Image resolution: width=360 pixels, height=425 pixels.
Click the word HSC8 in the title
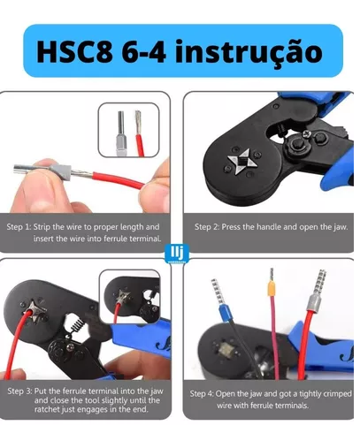(x=74, y=51)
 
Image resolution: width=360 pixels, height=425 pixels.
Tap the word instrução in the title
(x=249, y=52)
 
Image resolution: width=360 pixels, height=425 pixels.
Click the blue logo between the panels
(x=177, y=253)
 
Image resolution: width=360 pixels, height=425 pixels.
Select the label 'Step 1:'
(x=19, y=227)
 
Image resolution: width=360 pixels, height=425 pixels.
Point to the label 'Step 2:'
(x=207, y=227)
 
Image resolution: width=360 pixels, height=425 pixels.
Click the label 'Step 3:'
(x=19, y=391)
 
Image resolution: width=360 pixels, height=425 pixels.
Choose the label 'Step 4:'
(x=202, y=394)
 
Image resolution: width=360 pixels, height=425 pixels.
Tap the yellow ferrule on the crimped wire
(x=272, y=288)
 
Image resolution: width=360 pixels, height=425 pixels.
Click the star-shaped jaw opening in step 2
(x=241, y=162)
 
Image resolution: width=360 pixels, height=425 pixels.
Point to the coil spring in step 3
(x=78, y=324)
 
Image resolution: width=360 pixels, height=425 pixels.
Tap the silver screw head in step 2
(x=307, y=134)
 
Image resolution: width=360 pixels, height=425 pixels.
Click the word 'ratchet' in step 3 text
(x=47, y=409)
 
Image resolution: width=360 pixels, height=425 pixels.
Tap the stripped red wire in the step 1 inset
(x=140, y=133)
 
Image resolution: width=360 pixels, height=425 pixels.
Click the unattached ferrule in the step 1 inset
(x=121, y=133)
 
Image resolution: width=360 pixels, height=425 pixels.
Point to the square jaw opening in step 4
(x=226, y=350)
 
